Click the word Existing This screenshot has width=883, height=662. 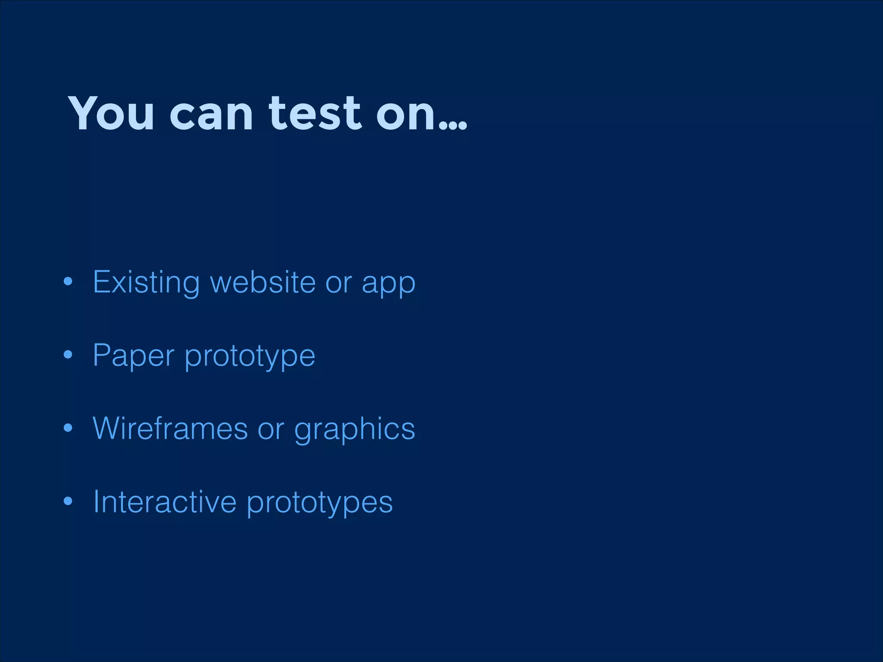(x=146, y=283)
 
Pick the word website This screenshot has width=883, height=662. (x=263, y=282)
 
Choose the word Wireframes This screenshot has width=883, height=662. (x=170, y=428)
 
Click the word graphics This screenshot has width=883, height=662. (x=354, y=430)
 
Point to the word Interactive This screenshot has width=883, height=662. (x=165, y=502)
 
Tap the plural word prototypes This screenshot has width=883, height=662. (x=319, y=503)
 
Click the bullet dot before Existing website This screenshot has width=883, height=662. (x=68, y=282)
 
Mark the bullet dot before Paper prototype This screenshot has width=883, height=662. (x=68, y=355)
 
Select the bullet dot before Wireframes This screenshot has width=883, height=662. (x=68, y=428)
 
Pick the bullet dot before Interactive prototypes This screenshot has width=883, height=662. (x=68, y=502)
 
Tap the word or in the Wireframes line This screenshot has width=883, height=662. (x=271, y=430)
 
